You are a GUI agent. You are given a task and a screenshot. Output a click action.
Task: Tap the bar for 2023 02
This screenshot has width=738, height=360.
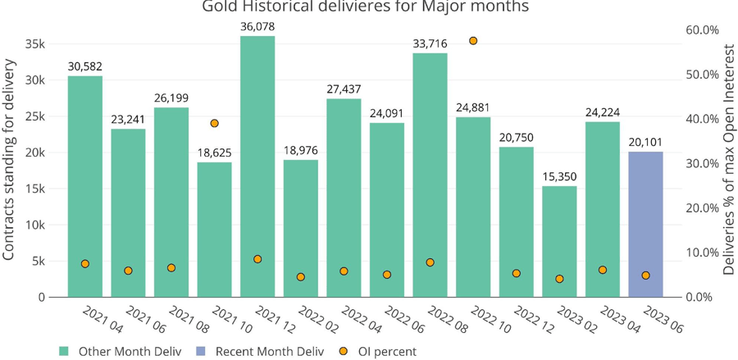(x=559, y=241)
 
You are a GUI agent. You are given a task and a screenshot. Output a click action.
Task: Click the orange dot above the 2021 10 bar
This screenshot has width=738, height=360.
(x=214, y=123)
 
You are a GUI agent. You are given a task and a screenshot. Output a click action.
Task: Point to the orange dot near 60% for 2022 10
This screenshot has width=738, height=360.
(x=473, y=41)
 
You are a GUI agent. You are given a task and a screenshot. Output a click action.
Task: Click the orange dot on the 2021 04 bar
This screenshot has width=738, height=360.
(x=85, y=263)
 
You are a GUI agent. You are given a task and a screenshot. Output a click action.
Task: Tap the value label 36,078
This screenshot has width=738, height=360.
(x=257, y=26)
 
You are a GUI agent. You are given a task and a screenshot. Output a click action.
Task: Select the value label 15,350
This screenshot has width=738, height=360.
(x=559, y=176)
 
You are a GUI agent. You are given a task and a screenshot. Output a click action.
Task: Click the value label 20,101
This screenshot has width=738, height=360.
(x=645, y=142)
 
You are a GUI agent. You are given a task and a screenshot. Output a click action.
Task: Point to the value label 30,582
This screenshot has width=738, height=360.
(x=85, y=66)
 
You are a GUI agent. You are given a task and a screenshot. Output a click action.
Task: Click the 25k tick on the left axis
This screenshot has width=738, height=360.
(x=34, y=116)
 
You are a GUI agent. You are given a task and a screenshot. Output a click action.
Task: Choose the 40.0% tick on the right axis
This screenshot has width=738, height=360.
(x=701, y=119)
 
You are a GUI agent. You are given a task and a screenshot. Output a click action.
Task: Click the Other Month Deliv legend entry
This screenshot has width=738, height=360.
(x=123, y=351)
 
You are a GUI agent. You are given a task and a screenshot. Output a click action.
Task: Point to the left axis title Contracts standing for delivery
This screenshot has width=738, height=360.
(x=10, y=165)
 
